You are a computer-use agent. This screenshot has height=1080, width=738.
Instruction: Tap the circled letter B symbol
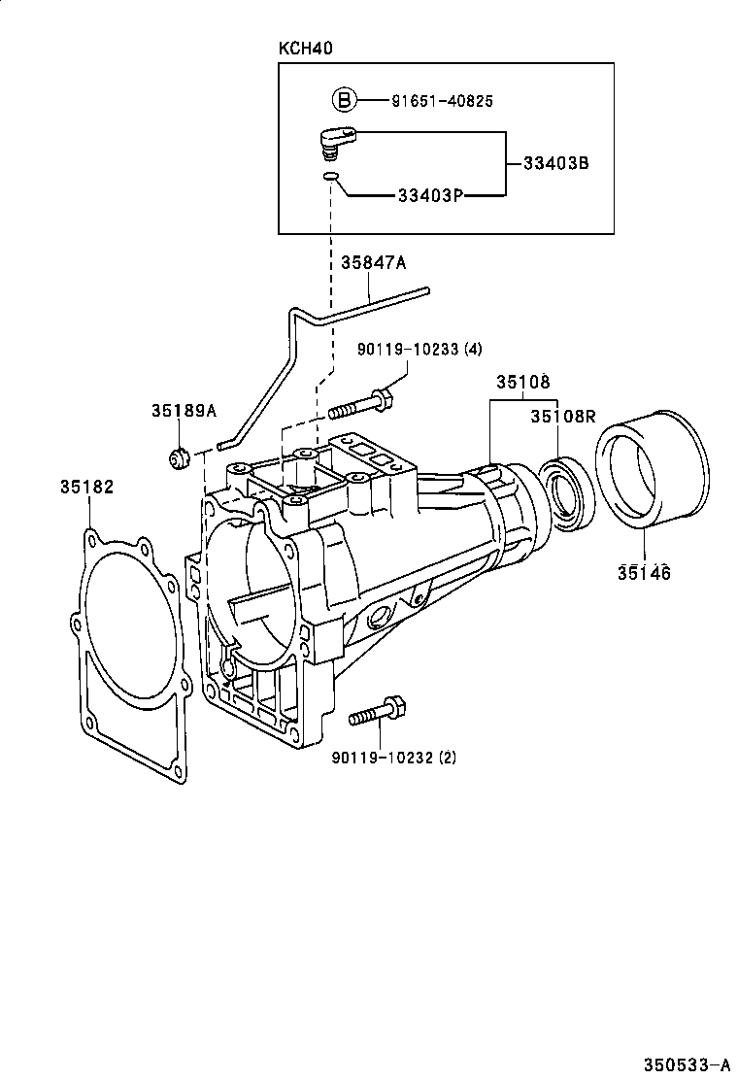[344, 99]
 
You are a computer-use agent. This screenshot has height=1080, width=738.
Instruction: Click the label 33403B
[555, 163]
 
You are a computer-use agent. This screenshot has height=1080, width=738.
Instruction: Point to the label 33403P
[429, 195]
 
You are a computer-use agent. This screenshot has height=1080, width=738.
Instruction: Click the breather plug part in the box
[336, 142]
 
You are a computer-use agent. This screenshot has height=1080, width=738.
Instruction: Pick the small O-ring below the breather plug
[331, 177]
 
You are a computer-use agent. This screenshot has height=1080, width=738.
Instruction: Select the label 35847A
[373, 262]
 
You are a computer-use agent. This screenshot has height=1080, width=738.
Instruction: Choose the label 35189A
[183, 411]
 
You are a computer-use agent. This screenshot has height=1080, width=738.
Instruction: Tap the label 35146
[643, 573]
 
